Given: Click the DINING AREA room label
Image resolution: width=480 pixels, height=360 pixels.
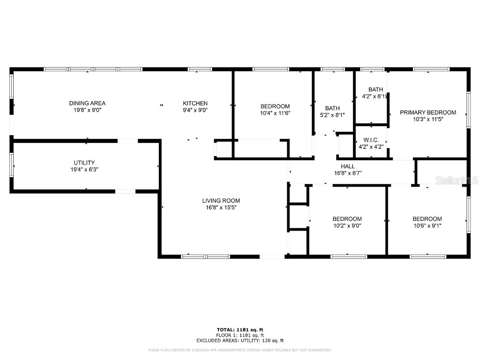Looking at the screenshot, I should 87,103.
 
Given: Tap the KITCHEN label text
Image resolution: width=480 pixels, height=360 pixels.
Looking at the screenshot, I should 195,103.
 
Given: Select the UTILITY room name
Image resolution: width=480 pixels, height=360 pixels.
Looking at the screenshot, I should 84,163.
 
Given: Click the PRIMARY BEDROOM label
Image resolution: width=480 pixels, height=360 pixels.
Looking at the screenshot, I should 427,112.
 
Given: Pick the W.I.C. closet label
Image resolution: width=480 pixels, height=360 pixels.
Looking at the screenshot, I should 371,140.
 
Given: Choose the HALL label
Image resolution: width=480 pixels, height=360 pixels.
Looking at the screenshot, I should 347,166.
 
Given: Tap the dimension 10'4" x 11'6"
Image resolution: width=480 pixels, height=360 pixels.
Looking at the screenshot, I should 275,113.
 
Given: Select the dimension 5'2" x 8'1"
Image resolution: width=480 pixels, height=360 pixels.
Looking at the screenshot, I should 332,115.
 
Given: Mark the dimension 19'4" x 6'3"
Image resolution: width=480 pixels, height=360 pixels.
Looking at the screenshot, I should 84,169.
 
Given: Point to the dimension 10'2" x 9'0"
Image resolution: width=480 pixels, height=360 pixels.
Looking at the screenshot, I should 347,225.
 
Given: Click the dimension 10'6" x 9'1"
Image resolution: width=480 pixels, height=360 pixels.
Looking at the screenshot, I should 427,225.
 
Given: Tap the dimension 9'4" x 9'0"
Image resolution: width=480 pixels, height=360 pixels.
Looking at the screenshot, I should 195,110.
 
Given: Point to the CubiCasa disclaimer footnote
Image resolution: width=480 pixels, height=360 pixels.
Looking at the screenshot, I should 240,350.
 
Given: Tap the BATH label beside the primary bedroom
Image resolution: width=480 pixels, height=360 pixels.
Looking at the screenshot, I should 375,90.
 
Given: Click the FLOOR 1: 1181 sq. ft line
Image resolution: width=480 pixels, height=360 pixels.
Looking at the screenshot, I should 240,335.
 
